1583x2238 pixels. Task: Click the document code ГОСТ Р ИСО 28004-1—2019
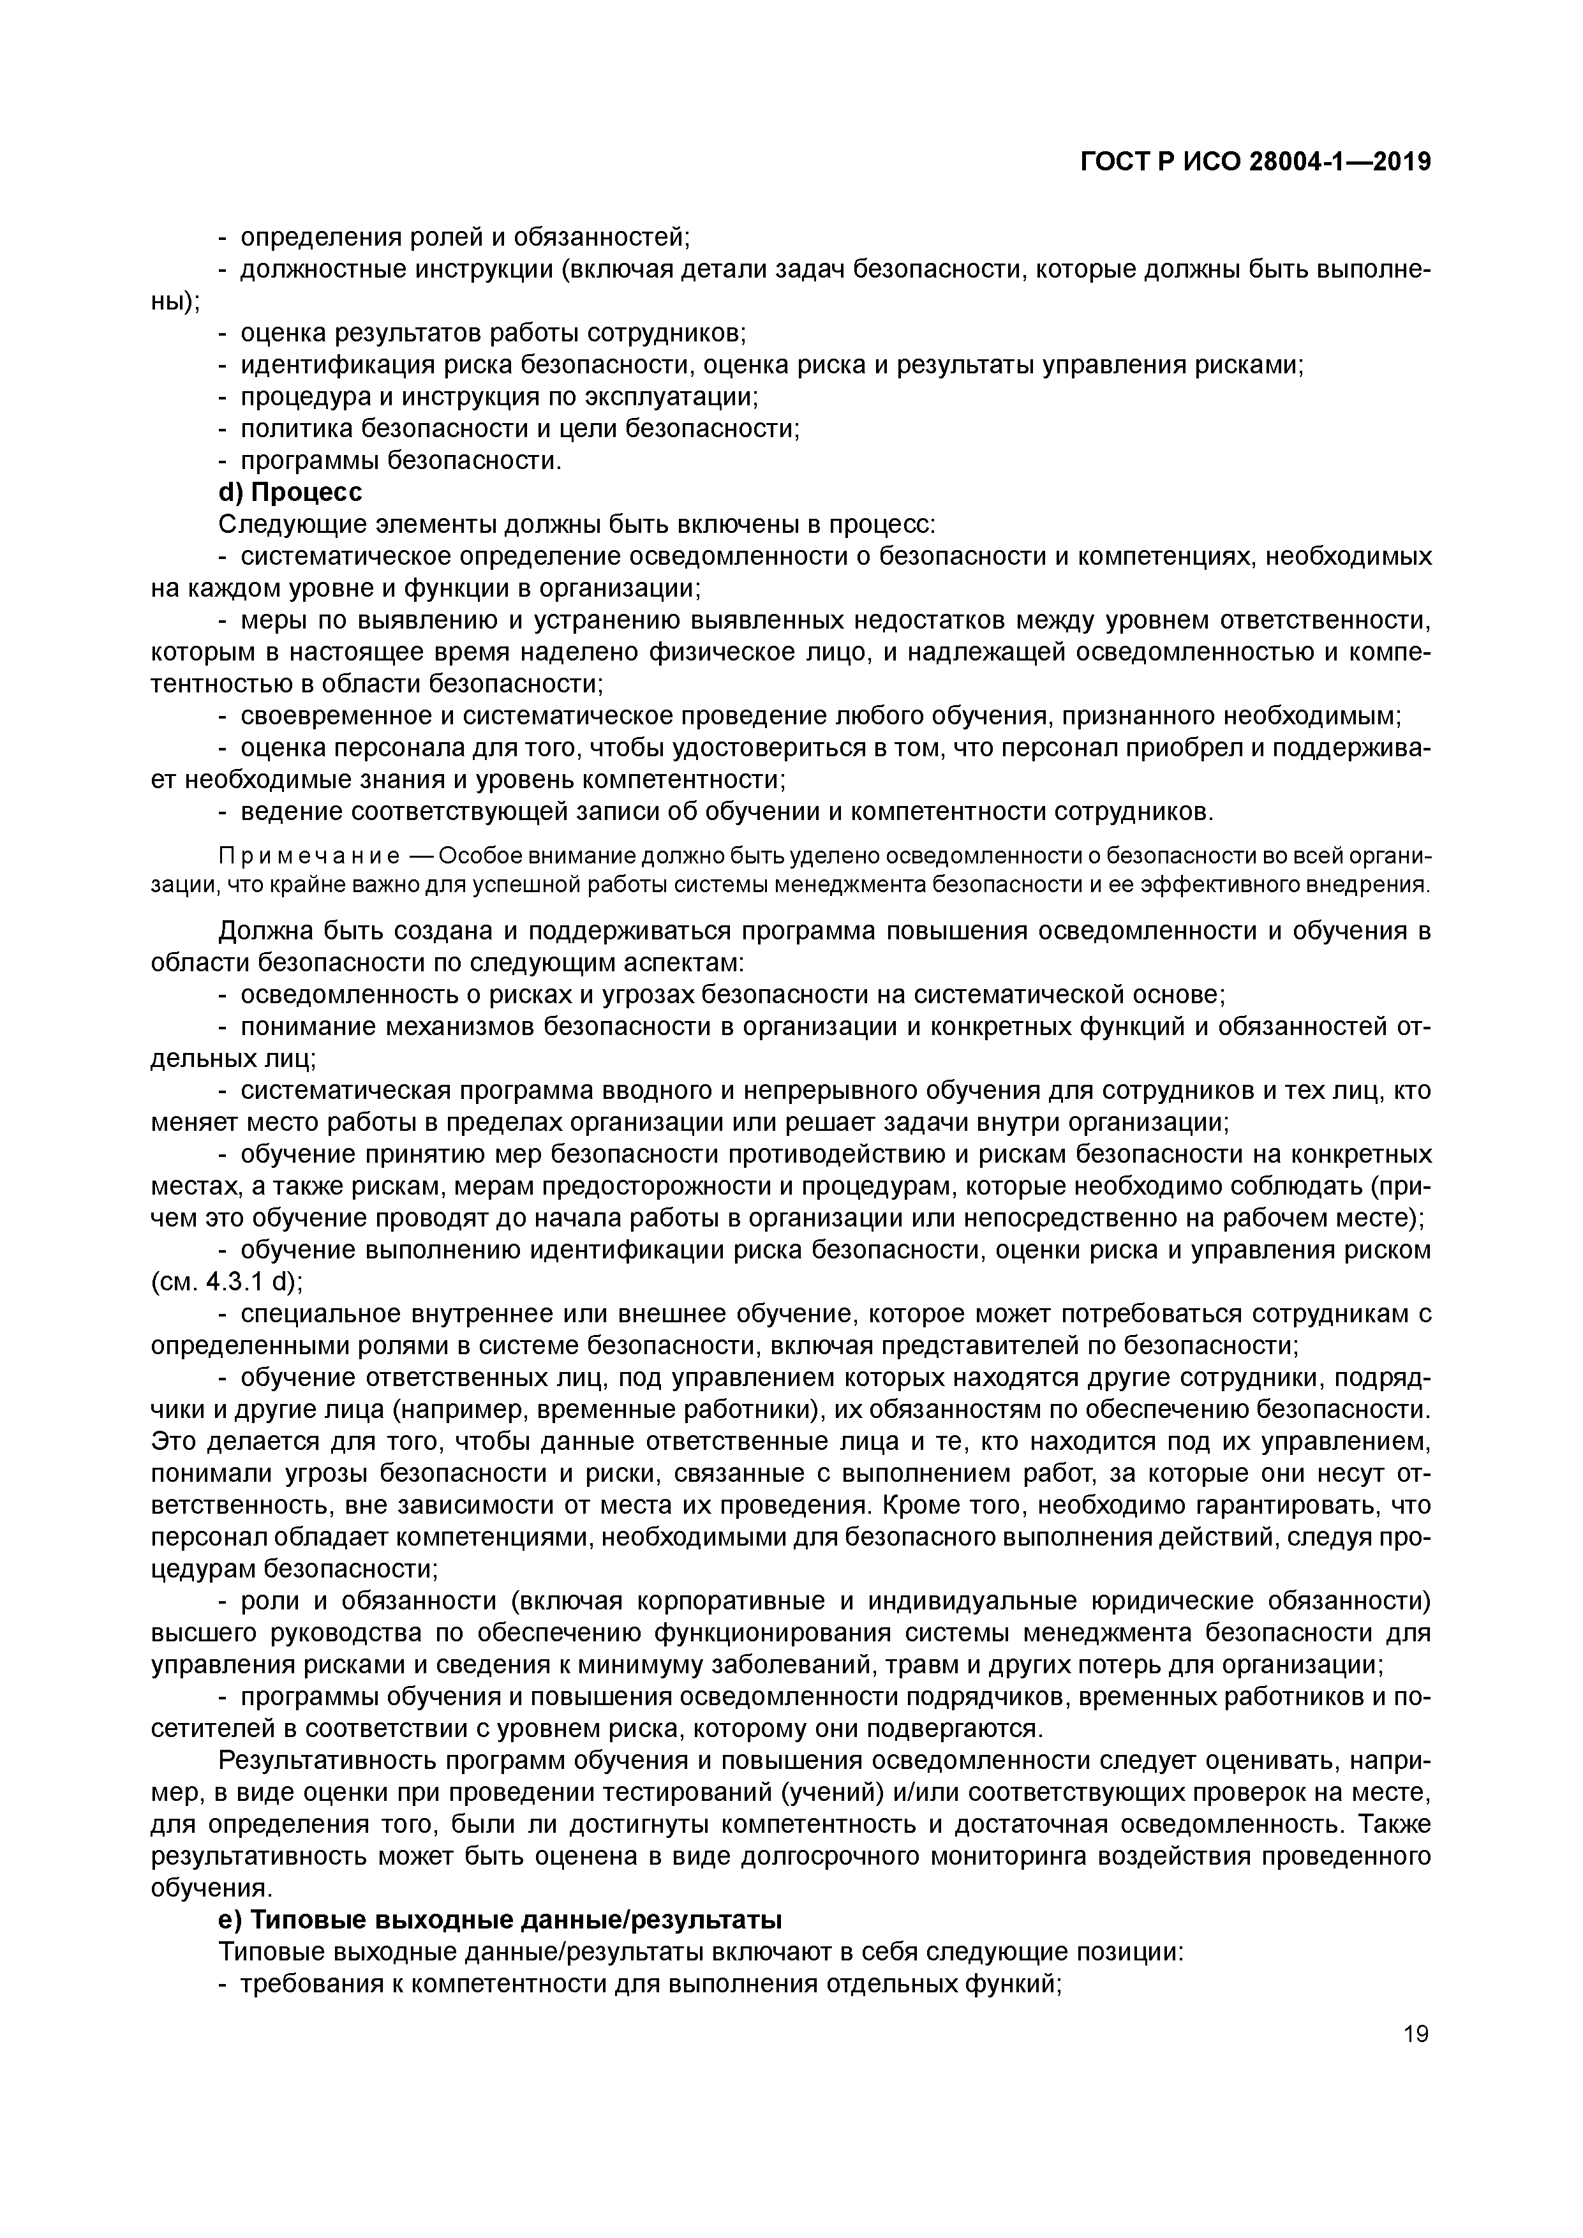coord(1256,162)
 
